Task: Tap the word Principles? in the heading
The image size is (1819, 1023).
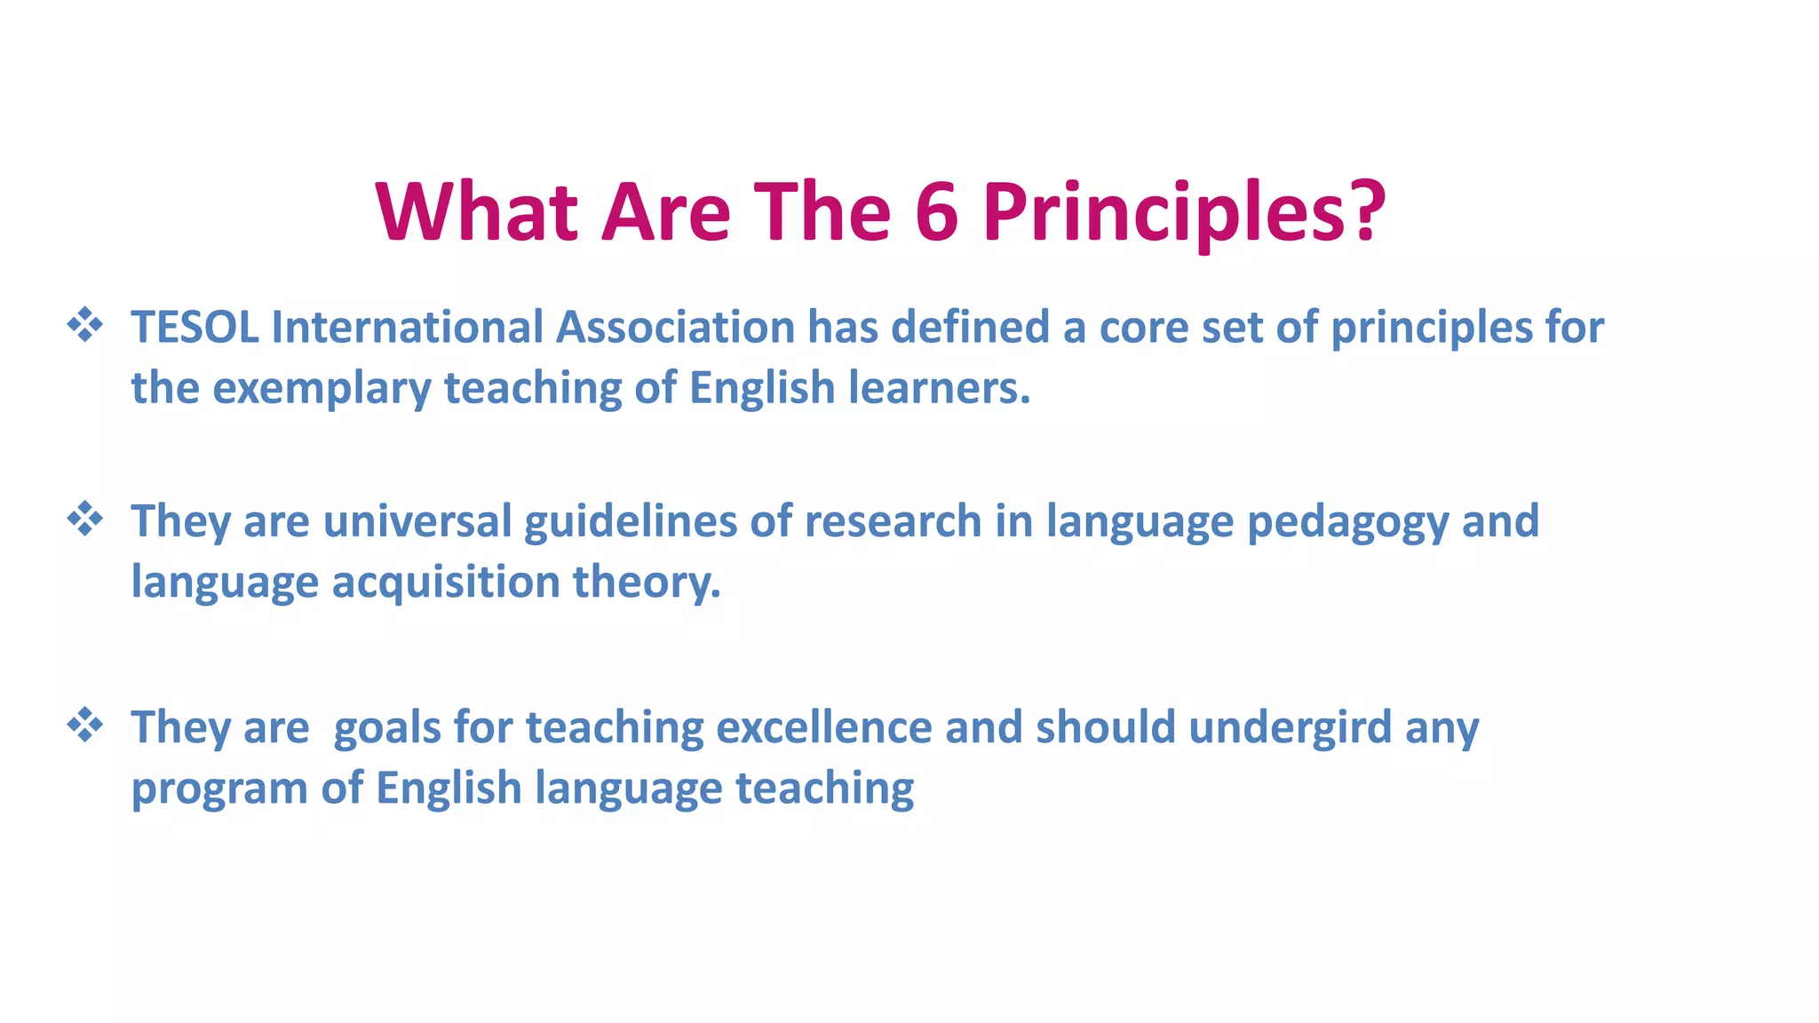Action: click(x=1184, y=213)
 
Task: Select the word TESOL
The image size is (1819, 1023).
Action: click(x=195, y=327)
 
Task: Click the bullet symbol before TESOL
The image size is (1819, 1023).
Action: click(x=85, y=325)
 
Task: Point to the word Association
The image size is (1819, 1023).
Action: click(x=675, y=327)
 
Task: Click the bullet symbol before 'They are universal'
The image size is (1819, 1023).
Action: click(x=85, y=519)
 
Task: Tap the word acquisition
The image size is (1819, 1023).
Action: click(x=446, y=583)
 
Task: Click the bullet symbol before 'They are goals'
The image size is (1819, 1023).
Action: click(x=85, y=726)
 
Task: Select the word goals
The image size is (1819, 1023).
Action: click(x=387, y=728)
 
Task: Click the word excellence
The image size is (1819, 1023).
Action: click(x=823, y=727)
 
